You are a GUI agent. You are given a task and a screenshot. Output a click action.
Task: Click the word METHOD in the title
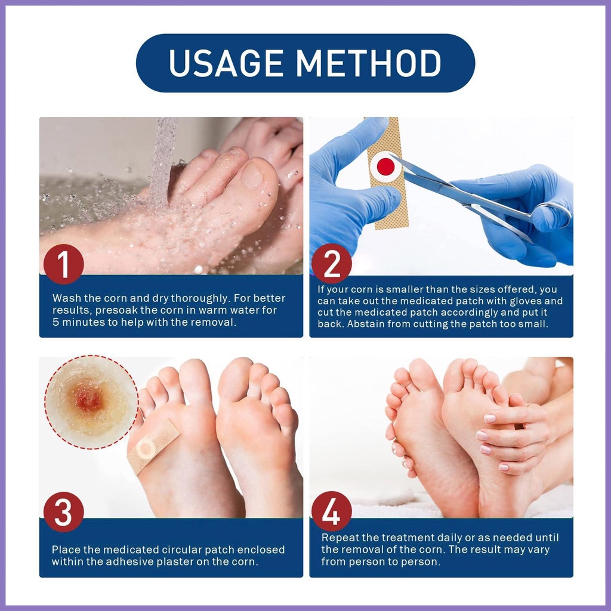369,63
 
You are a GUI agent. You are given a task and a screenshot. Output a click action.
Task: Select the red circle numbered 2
331,263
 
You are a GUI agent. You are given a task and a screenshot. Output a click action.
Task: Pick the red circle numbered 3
63,512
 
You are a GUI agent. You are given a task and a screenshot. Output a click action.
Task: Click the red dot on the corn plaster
385,167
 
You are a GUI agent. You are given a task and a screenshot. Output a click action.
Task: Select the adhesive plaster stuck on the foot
153,446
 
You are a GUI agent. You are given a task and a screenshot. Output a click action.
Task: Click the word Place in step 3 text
65,550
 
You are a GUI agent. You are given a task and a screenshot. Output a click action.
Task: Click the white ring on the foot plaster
145,447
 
